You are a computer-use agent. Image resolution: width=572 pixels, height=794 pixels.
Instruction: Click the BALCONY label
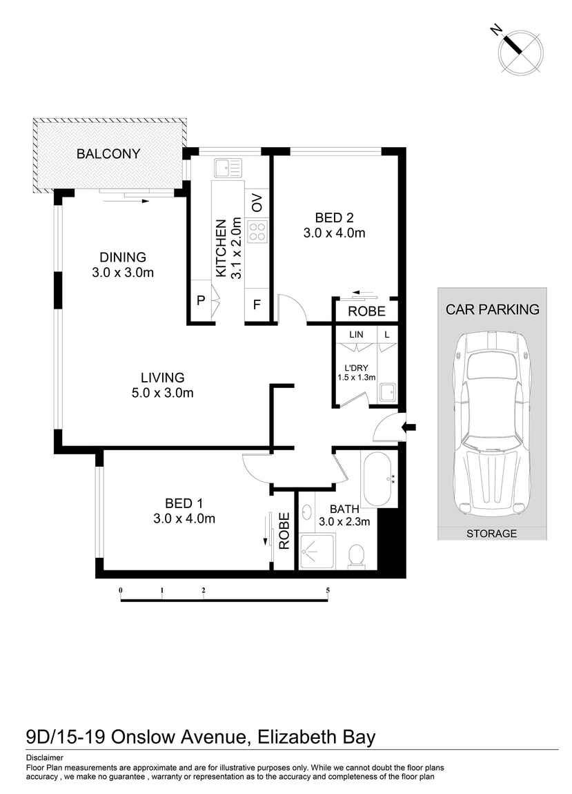tap(108, 153)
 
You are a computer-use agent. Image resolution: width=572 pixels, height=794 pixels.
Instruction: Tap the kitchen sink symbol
tap(227, 167)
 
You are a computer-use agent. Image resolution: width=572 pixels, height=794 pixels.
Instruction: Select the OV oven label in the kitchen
tap(257, 203)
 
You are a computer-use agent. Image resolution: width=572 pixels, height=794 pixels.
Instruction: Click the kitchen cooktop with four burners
tap(257, 231)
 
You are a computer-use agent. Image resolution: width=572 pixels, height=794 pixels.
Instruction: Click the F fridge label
tap(257, 304)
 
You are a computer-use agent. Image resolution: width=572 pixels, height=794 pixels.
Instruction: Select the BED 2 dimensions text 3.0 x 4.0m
tap(334, 233)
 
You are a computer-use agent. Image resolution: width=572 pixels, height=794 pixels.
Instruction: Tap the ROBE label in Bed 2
tap(366, 311)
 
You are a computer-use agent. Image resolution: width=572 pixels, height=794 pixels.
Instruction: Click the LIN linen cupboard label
tap(356, 335)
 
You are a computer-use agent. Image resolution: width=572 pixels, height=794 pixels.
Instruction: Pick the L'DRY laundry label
tap(356, 367)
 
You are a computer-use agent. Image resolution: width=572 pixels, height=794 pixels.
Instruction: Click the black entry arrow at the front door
tap(410, 427)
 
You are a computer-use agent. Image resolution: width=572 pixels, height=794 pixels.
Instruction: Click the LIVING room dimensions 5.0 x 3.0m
tap(163, 394)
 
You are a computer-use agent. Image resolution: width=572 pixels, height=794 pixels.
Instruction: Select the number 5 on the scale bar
tap(328, 590)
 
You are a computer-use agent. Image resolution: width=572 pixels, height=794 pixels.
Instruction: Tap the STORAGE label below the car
tap(491, 534)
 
